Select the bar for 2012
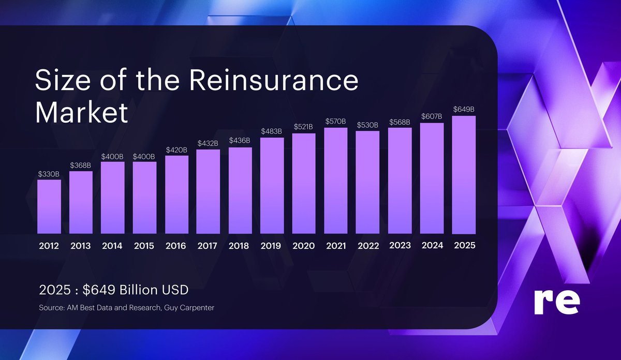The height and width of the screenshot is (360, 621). (x=49, y=206)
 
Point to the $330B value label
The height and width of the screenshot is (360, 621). (x=49, y=174)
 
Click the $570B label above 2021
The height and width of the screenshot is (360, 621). (x=336, y=122)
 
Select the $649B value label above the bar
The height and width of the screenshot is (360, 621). (x=464, y=110)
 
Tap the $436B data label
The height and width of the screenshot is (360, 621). (x=240, y=141)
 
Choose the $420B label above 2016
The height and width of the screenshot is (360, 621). (x=176, y=150)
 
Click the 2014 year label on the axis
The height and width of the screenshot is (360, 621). (x=112, y=246)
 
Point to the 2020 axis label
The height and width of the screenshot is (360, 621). (x=304, y=246)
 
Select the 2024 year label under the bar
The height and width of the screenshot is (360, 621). (x=432, y=246)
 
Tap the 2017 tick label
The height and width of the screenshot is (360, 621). (x=208, y=246)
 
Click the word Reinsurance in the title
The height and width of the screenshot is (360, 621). (x=273, y=81)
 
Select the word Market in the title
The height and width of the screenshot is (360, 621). (x=81, y=112)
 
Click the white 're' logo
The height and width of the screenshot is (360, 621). (x=556, y=303)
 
